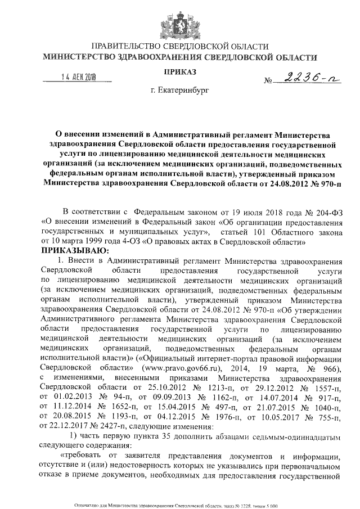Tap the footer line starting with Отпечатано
[179, 506]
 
